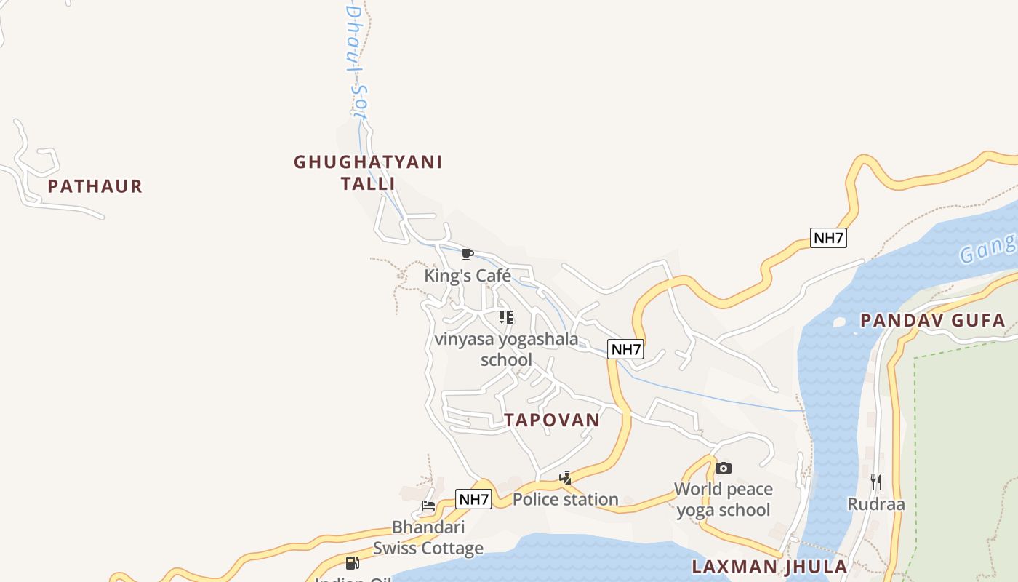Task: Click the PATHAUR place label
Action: click(x=95, y=186)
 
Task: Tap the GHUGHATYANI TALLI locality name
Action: click(x=368, y=172)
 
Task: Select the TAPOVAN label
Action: click(x=552, y=420)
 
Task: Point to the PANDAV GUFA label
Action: click(x=933, y=320)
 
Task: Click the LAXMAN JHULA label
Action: click(x=769, y=567)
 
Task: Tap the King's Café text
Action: click(x=468, y=276)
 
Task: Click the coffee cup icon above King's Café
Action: click(x=468, y=254)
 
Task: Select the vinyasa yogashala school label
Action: click(x=506, y=349)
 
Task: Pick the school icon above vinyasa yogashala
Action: click(x=506, y=316)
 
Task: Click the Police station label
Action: click(x=565, y=499)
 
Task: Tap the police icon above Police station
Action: click(x=565, y=478)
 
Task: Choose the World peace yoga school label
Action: click(x=723, y=499)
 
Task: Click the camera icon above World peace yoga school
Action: click(x=723, y=468)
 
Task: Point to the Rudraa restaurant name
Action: click(x=875, y=503)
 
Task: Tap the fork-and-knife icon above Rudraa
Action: click(x=875, y=482)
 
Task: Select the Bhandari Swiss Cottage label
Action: click(x=428, y=538)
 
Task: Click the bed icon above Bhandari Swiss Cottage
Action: click(x=428, y=506)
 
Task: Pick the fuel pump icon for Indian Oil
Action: click(x=352, y=562)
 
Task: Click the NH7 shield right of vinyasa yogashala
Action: click(x=626, y=349)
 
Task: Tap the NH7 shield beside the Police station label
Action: click(x=473, y=499)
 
